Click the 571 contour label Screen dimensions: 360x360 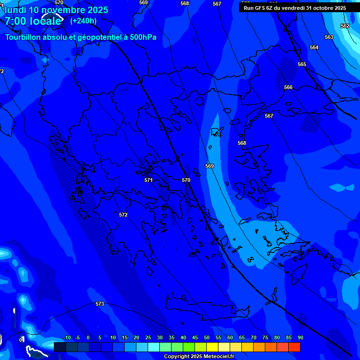(x=149, y=180)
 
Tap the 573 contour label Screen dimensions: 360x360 (x=100, y=304)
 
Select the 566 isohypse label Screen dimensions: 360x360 (x=288, y=88)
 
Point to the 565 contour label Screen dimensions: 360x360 (x=302, y=64)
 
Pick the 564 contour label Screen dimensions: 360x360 (x=314, y=47)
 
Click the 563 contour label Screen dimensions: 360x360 (x=329, y=37)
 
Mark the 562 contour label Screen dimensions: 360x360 (x=345, y=26)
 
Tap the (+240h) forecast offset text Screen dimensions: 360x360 (x=83, y=21)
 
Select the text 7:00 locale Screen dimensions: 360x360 (x=33, y=21)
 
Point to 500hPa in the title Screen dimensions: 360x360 (x=140, y=37)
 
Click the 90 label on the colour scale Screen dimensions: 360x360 (x=300, y=338)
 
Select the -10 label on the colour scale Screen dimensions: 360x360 (x=67, y=338)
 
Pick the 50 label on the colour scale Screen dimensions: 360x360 (x=206, y=338)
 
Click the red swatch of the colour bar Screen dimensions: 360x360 (x=294, y=347)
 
